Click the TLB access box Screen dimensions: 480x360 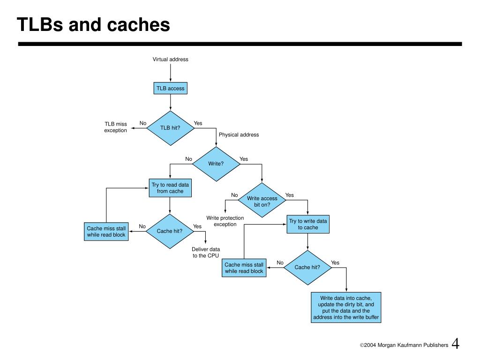click(x=170, y=88)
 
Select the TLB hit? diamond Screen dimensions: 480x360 click(x=170, y=128)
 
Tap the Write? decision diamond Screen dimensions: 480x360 click(x=216, y=164)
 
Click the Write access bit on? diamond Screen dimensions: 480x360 click(x=262, y=200)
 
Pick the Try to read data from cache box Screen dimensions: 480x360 click(x=170, y=188)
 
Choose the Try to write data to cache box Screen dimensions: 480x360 click(x=308, y=225)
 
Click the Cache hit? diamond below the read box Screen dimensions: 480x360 click(x=170, y=231)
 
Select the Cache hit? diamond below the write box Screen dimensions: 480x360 click(x=307, y=268)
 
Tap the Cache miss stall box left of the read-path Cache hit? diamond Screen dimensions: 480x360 click(x=106, y=232)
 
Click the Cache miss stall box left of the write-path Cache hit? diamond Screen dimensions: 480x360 click(x=244, y=268)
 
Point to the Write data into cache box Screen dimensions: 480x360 click(x=346, y=307)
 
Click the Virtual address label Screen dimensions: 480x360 click(x=171, y=60)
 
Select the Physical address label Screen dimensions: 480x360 click(x=239, y=135)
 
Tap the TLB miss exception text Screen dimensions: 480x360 click(x=116, y=127)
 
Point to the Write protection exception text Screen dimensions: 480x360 click(x=225, y=221)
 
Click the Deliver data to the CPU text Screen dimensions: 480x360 click(x=206, y=253)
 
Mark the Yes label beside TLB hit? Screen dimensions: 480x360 click(x=198, y=123)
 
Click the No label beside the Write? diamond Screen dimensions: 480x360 click(x=188, y=159)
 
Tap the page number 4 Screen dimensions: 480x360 click(x=456, y=344)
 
